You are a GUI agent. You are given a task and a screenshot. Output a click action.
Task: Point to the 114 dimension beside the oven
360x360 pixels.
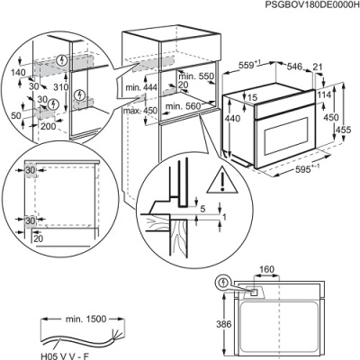coord(324,96)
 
